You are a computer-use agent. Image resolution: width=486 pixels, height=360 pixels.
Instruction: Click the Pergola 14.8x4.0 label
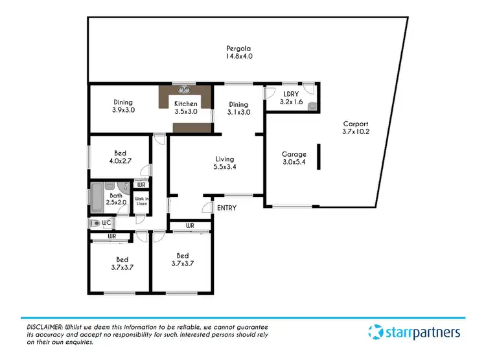[x=238, y=52]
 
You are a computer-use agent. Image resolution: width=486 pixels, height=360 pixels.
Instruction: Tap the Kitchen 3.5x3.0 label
[x=186, y=107]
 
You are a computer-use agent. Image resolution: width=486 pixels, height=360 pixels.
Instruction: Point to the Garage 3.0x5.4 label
[x=294, y=159]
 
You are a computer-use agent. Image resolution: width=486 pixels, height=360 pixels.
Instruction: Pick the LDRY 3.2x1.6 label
[x=291, y=97]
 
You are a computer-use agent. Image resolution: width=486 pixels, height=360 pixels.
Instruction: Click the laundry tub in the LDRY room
[x=312, y=106]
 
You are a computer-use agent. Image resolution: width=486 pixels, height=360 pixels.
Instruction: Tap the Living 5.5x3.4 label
[x=225, y=163]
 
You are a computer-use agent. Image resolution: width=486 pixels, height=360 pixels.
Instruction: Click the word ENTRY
[x=227, y=208]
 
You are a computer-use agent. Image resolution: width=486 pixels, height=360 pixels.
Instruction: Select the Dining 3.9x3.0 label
[x=123, y=106]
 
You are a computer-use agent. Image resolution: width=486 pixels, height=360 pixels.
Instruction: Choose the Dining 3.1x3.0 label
[x=238, y=108]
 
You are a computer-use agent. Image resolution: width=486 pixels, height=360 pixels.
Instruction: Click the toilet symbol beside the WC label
[x=97, y=223]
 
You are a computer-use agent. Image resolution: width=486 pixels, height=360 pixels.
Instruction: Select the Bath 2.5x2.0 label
[x=116, y=199]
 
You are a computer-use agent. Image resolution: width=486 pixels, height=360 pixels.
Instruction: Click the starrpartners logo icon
[x=376, y=333]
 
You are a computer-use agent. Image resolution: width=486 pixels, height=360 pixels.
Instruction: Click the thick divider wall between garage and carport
[x=318, y=157]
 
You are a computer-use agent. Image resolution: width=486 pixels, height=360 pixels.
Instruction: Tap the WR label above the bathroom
[x=141, y=185]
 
